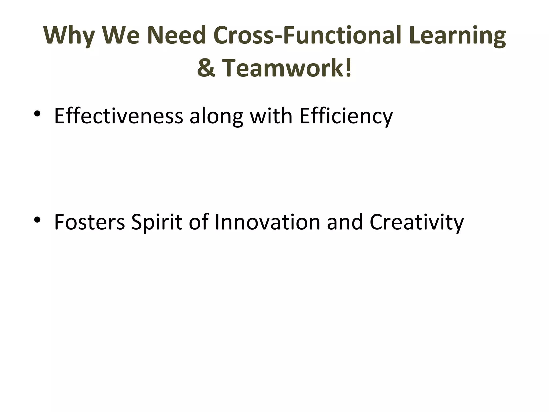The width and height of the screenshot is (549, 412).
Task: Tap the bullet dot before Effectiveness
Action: [x=37, y=114]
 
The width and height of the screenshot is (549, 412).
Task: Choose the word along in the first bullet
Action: [x=216, y=116]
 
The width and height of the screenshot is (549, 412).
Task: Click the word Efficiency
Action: [x=346, y=116]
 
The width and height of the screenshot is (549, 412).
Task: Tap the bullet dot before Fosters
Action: [x=37, y=220]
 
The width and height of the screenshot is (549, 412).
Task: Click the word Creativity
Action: [x=416, y=223]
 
